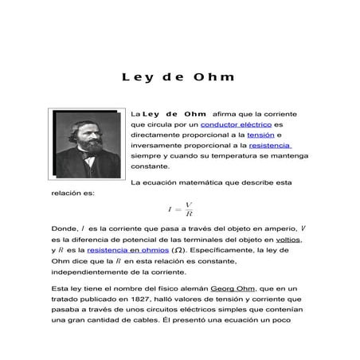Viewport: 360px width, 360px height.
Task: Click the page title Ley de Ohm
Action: pyautogui.click(x=178, y=78)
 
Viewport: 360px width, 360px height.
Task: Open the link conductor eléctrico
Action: pyautogui.click(x=235, y=125)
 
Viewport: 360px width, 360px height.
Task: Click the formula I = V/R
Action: pyautogui.click(x=181, y=209)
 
